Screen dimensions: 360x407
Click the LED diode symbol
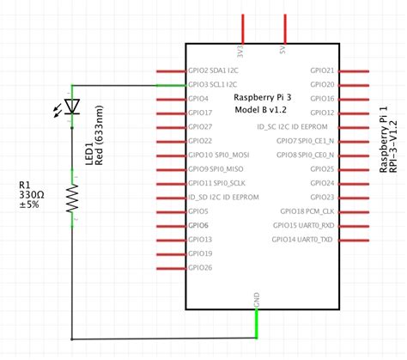click(72, 107)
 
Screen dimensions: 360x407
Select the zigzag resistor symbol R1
click(72, 197)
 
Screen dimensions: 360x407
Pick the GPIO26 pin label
click(199, 267)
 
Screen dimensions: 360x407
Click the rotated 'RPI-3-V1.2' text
click(393, 142)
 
